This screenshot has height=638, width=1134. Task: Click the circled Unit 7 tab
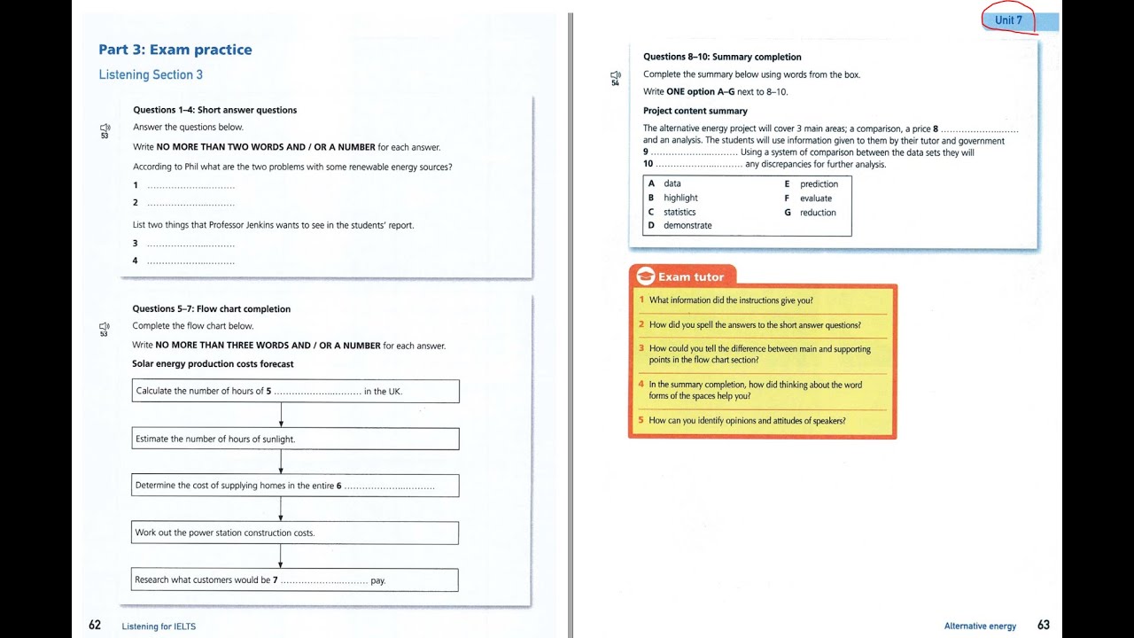[x=1008, y=20]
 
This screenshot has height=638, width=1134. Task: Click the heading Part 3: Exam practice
[x=175, y=50]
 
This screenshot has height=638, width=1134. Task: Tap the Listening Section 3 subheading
[x=151, y=74]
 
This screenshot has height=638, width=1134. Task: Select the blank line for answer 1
[x=190, y=186]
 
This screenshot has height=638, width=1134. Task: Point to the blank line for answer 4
[x=190, y=261]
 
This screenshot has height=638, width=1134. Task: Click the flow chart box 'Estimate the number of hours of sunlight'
[x=295, y=439]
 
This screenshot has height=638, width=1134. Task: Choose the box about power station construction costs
[x=295, y=533]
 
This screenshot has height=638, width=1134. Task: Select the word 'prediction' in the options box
[x=819, y=184]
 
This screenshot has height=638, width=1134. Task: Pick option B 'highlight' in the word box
[x=680, y=198]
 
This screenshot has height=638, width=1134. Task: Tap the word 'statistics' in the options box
[x=680, y=212]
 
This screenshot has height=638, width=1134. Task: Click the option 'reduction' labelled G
[x=818, y=213]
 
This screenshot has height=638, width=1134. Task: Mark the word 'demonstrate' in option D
[x=687, y=225]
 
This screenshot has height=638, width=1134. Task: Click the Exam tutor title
[x=690, y=277]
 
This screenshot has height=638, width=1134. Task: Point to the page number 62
[x=95, y=625]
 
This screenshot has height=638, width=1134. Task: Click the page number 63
[x=1044, y=625]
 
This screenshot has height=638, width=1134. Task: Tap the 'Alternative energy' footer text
[x=980, y=626]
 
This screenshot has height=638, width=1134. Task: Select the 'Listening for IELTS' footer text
[x=159, y=626]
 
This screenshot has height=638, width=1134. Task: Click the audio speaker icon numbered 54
[x=616, y=78]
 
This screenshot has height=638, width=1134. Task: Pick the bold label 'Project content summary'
[x=695, y=111]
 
